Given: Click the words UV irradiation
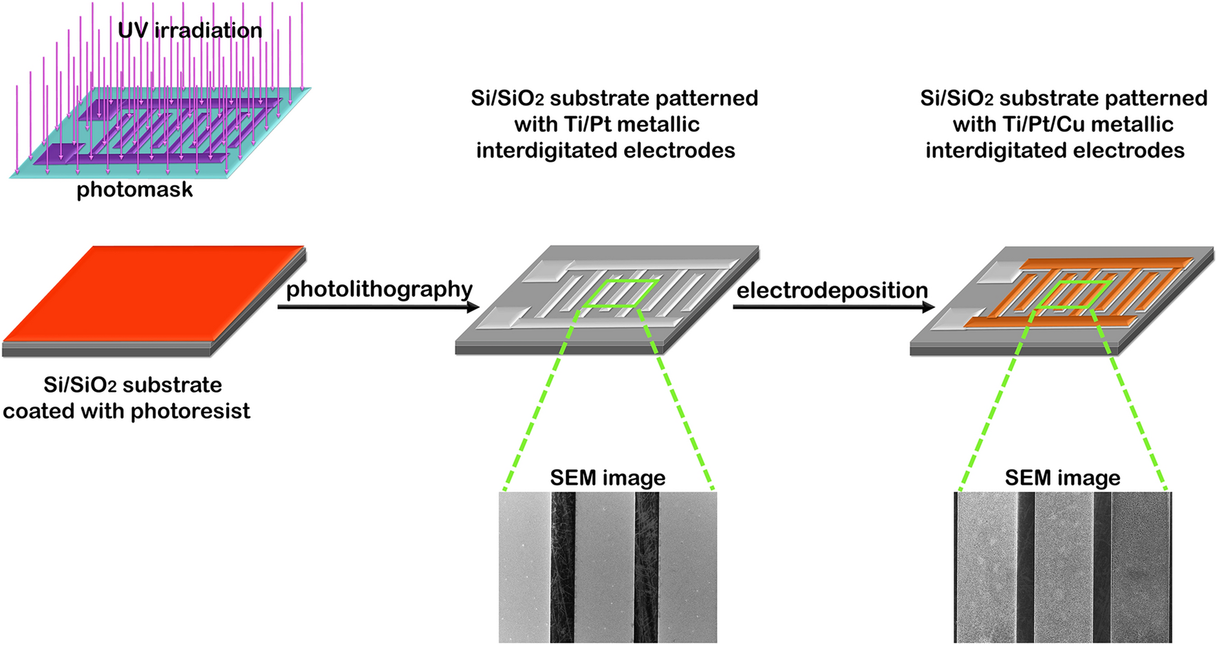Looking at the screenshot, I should [x=190, y=31].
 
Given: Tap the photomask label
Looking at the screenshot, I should [x=134, y=190].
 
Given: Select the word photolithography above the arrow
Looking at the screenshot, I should [x=379, y=289].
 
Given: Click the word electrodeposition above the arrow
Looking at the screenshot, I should [x=832, y=291].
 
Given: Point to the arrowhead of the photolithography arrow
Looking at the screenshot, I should [x=473, y=307].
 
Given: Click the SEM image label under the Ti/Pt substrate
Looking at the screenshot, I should [x=607, y=478].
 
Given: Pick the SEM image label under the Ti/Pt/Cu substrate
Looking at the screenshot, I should [x=1062, y=478].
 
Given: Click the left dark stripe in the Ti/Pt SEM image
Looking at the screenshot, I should [x=562, y=567].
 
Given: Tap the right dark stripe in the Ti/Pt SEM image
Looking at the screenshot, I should [x=646, y=567].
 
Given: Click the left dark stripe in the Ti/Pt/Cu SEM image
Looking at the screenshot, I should [x=1026, y=567].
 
